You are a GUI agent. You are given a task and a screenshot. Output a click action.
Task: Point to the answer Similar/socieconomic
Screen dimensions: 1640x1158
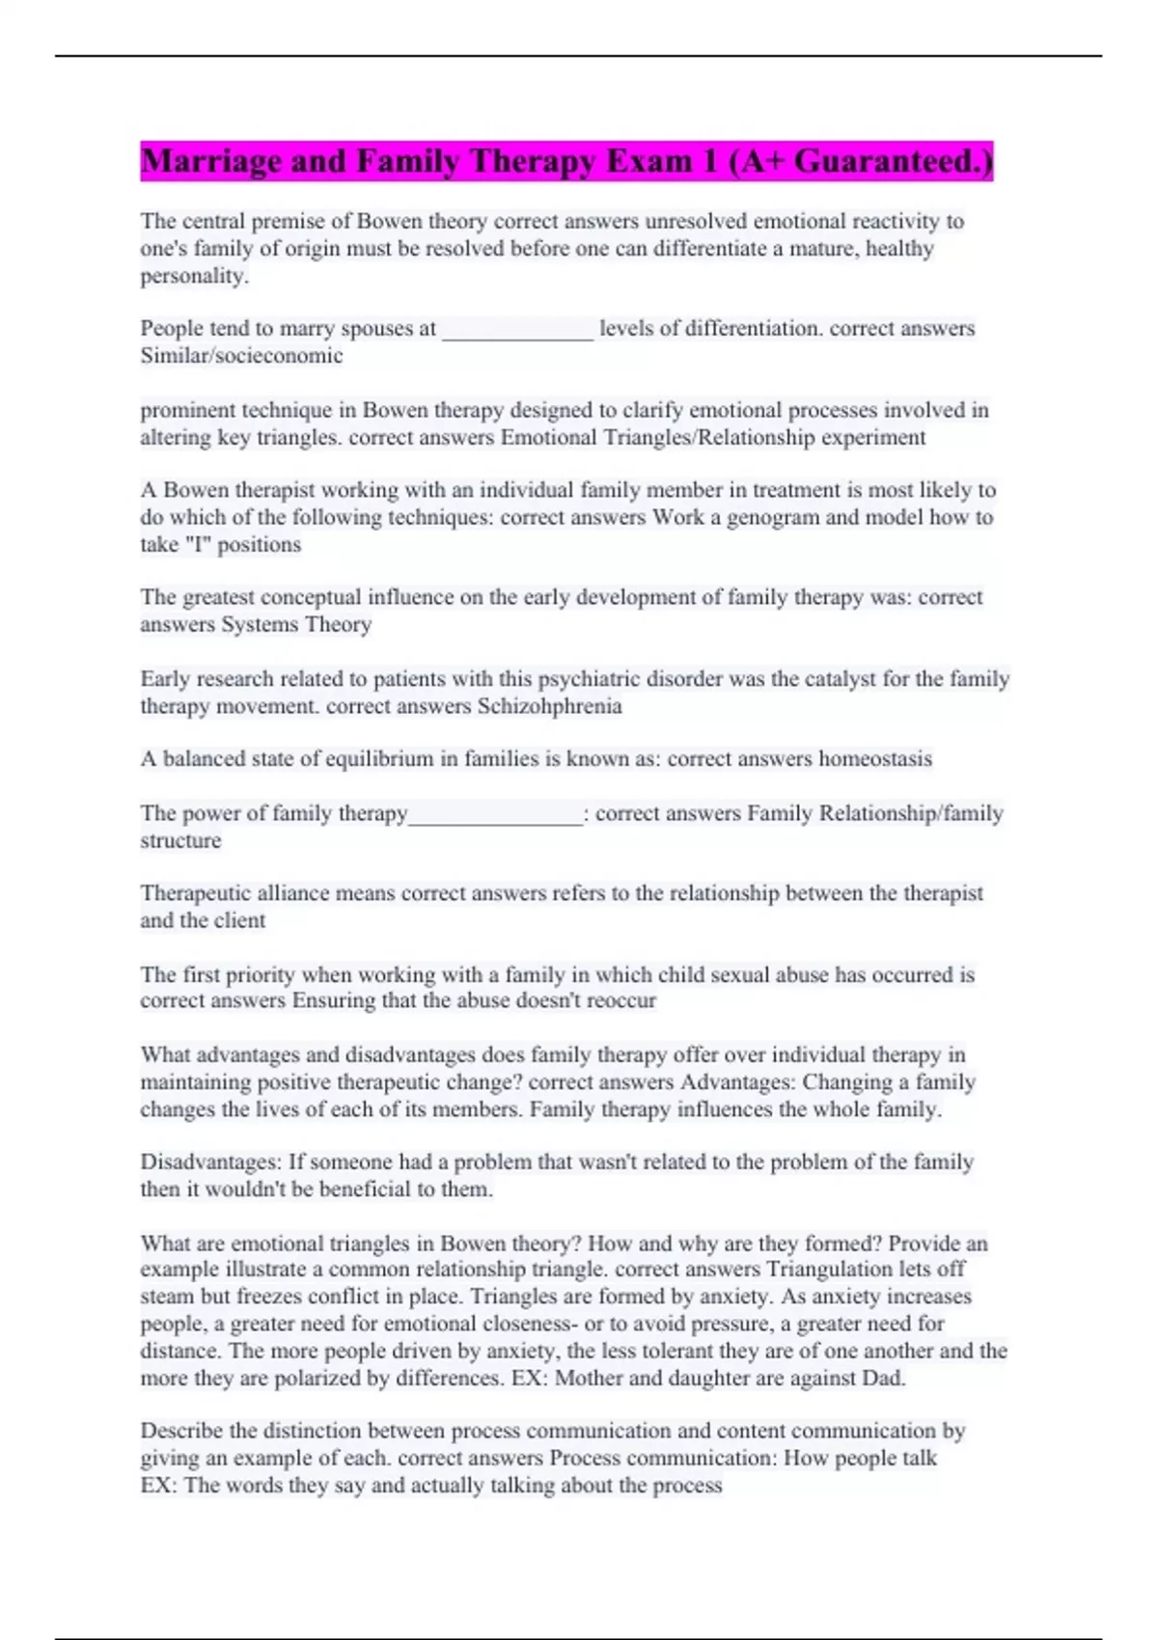pyautogui.click(x=241, y=356)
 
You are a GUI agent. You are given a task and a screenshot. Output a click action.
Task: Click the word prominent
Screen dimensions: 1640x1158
pyautogui.click(x=187, y=410)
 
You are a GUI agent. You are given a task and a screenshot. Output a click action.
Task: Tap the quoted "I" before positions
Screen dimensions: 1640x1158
pyautogui.click(x=198, y=545)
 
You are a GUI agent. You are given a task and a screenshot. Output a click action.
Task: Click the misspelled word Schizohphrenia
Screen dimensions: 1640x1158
pyautogui.click(x=549, y=706)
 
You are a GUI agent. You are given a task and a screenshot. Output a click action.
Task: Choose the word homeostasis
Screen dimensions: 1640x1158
pyautogui.click(x=874, y=759)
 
